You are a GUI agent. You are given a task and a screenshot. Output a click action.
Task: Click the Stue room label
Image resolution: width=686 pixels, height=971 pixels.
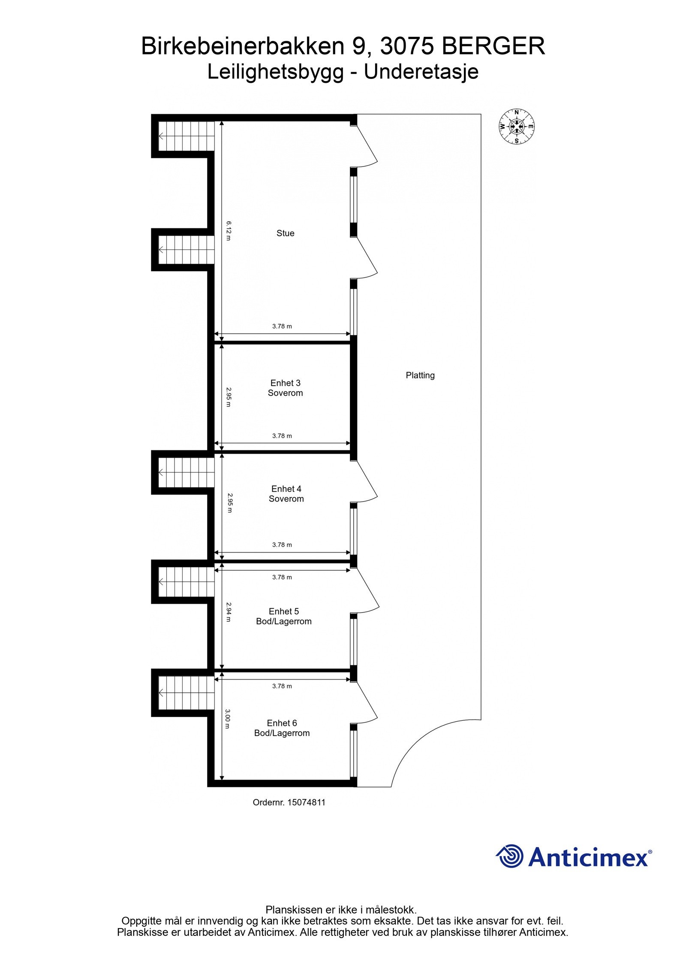point(285,233)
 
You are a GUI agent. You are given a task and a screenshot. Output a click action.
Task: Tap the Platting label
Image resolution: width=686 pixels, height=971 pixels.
point(420,375)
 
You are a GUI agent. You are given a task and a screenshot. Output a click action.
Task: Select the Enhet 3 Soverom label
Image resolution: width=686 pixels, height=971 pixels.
point(285,388)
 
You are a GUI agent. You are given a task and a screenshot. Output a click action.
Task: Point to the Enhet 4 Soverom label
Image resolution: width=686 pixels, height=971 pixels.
point(286,493)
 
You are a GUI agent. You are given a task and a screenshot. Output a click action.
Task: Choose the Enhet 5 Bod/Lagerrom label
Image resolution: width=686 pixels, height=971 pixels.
point(283,616)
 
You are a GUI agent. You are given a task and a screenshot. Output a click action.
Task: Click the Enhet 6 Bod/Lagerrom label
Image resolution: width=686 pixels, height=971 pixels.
point(282,728)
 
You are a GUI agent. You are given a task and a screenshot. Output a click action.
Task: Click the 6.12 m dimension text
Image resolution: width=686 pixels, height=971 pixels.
point(229,231)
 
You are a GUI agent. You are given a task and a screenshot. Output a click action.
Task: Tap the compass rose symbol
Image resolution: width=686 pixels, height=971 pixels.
point(517,127)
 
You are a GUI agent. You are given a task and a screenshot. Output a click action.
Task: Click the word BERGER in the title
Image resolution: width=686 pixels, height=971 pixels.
point(493,46)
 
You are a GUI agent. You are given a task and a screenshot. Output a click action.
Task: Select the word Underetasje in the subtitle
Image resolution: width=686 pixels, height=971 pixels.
point(421,72)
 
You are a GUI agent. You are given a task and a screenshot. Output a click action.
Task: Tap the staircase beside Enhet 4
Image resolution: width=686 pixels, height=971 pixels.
point(186,472)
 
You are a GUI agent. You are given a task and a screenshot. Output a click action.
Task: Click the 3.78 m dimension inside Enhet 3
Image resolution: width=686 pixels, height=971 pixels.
point(282,436)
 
